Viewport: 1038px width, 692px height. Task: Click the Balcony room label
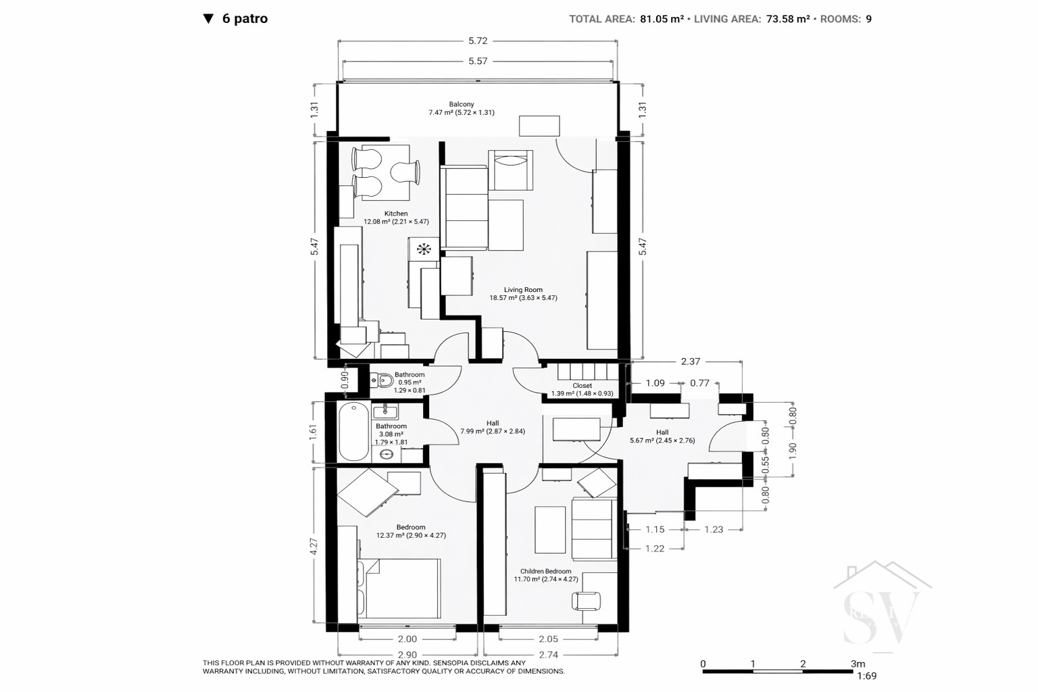point(461,104)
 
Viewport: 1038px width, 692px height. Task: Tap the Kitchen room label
point(396,214)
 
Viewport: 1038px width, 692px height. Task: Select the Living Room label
point(523,290)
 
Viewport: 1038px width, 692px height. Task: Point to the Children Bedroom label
point(545,571)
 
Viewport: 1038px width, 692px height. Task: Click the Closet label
point(582,386)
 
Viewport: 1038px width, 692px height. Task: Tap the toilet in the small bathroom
point(382,381)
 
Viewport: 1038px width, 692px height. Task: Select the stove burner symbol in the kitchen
point(424,249)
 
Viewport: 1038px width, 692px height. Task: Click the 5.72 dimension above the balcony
point(478,41)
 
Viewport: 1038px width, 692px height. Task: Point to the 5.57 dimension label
point(478,61)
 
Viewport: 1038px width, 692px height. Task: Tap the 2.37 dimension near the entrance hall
point(691,362)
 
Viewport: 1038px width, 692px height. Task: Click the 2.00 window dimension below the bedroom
point(407,639)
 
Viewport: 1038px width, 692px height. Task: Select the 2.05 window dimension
point(548,639)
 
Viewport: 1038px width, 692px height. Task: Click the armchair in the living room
point(510,170)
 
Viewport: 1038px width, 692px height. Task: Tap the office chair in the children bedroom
point(586,601)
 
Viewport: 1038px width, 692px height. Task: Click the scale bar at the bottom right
point(778,671)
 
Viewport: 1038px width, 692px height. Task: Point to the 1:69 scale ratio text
point(866,676)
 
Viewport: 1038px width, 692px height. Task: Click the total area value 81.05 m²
point(662,19)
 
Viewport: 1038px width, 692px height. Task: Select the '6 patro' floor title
point(245,18)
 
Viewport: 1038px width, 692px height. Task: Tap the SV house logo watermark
point(882,607)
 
